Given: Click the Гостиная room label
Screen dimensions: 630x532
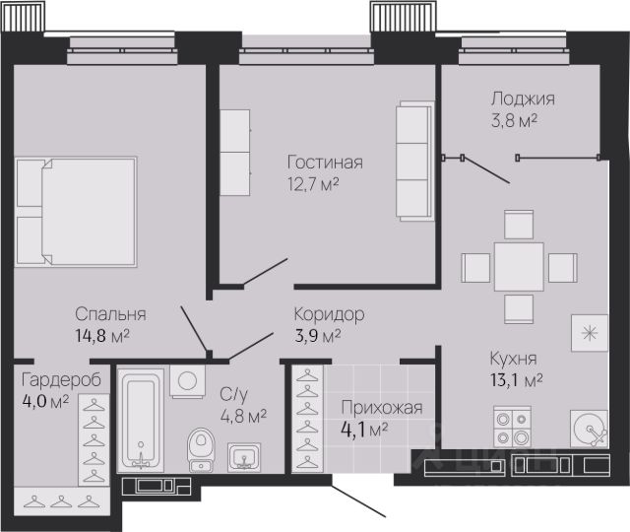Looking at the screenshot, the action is click(x=325, y=163).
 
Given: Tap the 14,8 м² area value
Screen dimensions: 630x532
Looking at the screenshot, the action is click(x=102, y=335).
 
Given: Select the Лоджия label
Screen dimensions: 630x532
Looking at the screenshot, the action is click(x=523, y=99).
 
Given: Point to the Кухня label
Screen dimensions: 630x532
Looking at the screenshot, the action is click(x=514, y=359).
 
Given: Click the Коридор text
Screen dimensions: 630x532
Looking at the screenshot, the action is click(x=330, y=314).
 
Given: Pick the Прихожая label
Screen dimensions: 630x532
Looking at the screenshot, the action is click(x=382, y=408).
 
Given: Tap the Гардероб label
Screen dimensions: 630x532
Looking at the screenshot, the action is click(x=61, y=380).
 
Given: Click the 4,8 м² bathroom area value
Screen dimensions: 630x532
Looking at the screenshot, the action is click(x=243, y=416).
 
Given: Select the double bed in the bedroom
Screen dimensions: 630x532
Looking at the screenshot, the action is click(x=76, y=212).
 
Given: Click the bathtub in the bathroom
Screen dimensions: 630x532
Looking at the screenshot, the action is click(x=141, y=421).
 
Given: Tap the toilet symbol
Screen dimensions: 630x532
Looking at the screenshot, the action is click(x=201, y=449).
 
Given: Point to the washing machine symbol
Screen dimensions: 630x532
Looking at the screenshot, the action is click(x=187, y=381).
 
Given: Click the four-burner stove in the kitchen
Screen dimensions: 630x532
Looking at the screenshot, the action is click(x=512, y=427).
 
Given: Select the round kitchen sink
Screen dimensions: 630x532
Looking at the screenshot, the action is click(x=589, y=429).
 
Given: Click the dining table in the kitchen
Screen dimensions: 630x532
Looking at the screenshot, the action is click(x=519, y=267).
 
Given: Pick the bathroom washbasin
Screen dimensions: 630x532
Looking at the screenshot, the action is click(x=244, y=457).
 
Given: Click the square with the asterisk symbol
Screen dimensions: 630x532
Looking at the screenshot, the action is click(x=590, y=333).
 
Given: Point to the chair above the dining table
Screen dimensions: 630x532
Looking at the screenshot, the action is click(x=519, y=225).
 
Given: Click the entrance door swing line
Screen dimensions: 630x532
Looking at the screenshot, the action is click(x=358, y=496).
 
